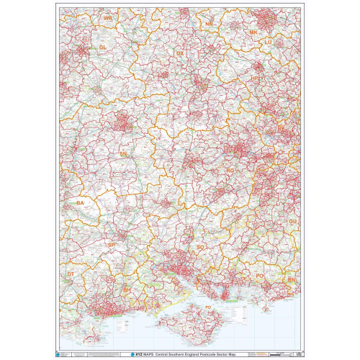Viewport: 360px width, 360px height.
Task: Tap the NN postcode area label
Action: (210, 24)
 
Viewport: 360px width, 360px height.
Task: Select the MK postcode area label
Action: (253, 33)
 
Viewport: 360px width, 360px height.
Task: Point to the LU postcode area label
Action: (268, 42)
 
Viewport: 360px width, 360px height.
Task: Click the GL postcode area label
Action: (102, 47)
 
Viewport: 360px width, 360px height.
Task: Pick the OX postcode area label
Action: (181, 53)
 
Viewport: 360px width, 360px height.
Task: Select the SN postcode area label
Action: (123, 154)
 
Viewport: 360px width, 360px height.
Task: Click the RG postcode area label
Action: (230, 171)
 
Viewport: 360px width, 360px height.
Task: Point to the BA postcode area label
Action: (80, 204)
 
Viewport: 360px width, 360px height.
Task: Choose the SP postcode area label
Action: (111, 246)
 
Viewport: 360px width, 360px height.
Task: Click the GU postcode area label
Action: (292, 221)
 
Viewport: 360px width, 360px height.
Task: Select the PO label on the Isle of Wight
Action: (208, 307)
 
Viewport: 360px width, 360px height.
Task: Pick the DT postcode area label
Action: (70, 274)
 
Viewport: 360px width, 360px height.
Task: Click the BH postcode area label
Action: (127, 289)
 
